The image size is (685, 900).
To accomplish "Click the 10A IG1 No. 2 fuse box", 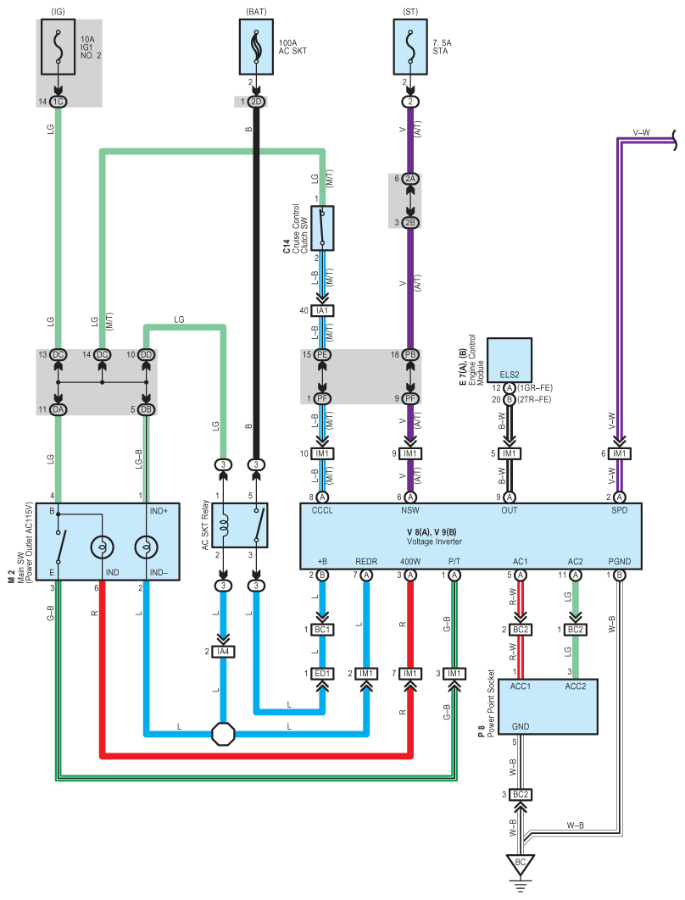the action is click(58, 47).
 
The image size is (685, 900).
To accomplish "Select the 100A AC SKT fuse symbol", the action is click(256, 47).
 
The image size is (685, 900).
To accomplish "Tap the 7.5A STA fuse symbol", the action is click(410, 47).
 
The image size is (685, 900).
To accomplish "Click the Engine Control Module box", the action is click(510, 360).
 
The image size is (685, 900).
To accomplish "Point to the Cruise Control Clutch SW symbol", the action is click(322, 229).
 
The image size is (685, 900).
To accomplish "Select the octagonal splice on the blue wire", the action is click(223, 734).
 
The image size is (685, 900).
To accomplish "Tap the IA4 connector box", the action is click(223, 652).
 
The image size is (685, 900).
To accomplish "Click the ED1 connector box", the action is click(322, 673).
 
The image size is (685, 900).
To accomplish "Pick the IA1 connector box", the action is click(322, 310).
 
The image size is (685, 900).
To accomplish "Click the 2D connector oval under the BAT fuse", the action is click(256, 102).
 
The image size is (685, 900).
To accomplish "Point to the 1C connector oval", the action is click(58, 102).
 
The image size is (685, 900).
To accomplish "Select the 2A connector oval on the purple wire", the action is click(410, 179).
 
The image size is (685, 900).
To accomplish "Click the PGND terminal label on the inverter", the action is click(619, 561).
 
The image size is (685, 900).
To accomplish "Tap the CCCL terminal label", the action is click(322, 510).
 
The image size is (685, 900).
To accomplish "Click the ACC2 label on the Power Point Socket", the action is click(576, 686).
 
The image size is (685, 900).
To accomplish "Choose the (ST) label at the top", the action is click(410, 12).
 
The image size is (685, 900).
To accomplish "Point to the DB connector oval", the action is click(146, 409).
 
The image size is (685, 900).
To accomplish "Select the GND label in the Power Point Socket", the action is click(521, 726).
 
